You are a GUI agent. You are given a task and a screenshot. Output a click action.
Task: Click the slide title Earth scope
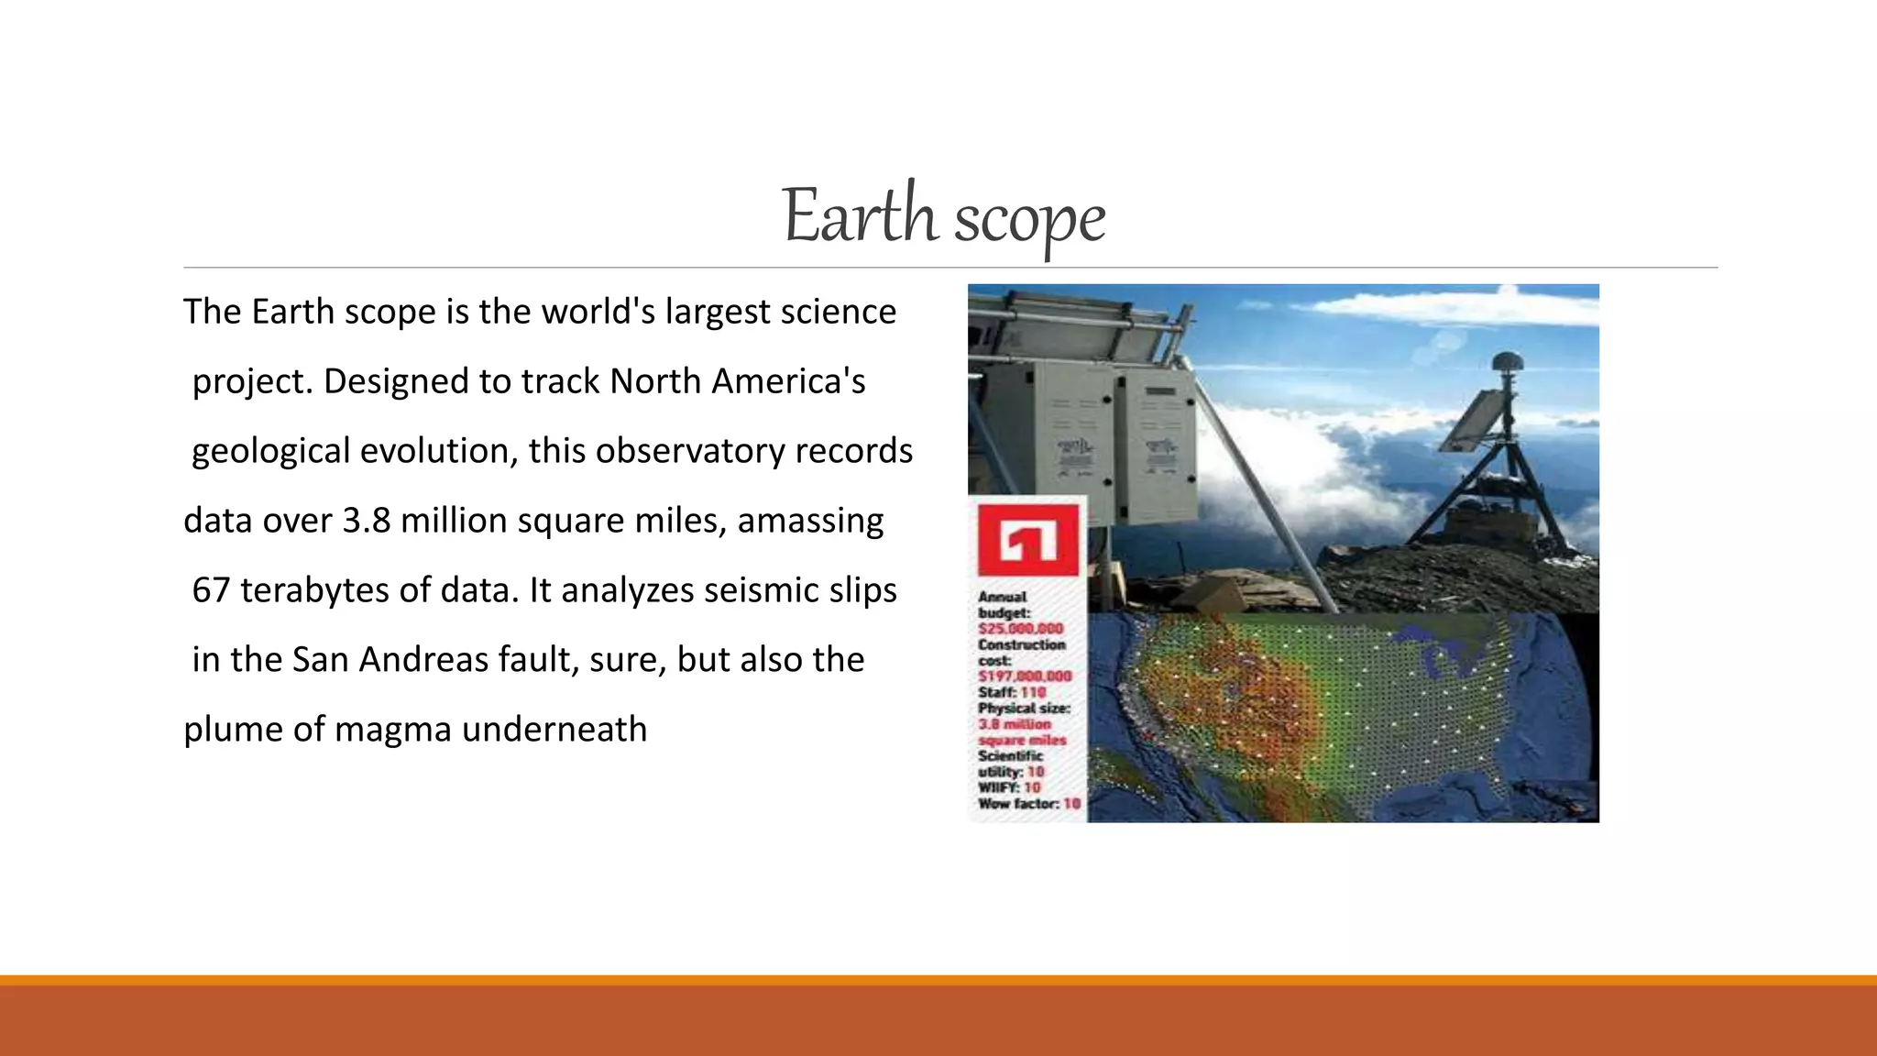point(944,216)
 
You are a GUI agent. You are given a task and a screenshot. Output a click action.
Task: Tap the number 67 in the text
point(211,590)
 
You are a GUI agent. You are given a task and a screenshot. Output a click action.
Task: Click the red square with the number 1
point(1028,541)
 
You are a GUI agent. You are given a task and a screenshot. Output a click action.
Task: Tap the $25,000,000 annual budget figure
point(1020,629)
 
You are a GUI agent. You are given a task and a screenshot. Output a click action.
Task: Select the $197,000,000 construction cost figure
point(1024,676)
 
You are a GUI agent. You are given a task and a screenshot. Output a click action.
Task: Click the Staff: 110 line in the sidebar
point(1011,692)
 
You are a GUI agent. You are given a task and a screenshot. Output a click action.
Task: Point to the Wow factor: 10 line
point(1028,804)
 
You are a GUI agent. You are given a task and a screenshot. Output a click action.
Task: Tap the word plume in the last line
point(233,730)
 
